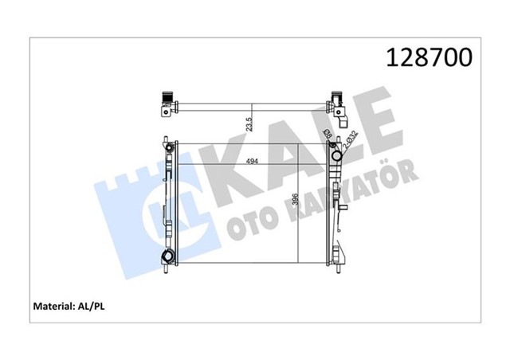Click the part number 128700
[429, 57]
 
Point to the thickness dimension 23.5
[249, 123]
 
